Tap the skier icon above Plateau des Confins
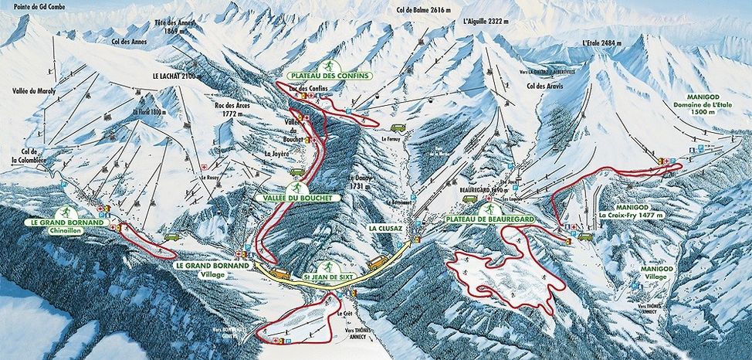330,64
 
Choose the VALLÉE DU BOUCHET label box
296,198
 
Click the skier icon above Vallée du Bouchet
296,188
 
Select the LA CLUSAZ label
382,229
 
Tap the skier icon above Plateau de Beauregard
488,209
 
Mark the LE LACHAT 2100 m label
178,76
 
